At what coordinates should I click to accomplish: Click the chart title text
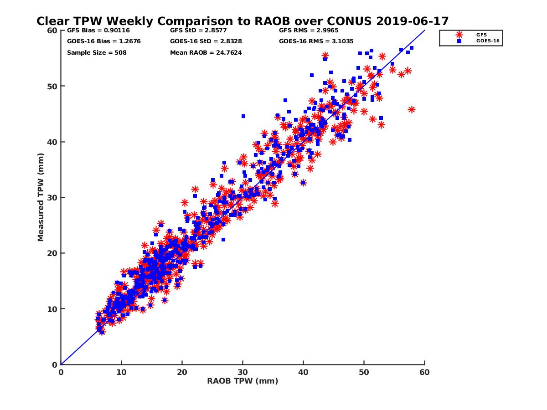coord(243,21)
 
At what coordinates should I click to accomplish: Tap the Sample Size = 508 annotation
coord(97,52)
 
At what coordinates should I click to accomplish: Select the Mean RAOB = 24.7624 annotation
coord(206,52)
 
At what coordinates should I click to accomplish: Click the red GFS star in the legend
coord(459,34)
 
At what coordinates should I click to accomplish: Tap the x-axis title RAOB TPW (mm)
coord(243,381)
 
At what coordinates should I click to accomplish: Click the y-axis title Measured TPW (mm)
coord(41,197)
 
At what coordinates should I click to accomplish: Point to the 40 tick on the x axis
coord(304,372)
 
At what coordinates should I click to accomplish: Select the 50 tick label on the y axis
coord(52,86)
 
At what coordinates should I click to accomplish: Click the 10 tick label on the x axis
coord(121,372)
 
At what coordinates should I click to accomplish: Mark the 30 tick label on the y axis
coord(52,197)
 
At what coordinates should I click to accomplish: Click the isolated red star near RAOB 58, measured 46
coord(412,109)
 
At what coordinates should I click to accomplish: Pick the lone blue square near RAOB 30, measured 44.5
coord(243,116)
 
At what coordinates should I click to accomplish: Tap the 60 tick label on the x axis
coord(425,372)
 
